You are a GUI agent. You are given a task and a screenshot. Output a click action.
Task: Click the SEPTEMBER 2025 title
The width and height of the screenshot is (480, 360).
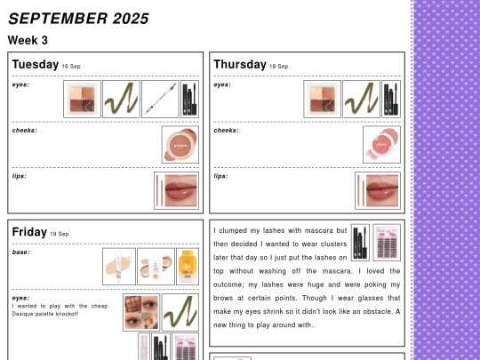click(x=78, y=19)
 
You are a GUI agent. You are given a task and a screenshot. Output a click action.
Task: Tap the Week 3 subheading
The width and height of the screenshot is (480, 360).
click(x=28, y=40)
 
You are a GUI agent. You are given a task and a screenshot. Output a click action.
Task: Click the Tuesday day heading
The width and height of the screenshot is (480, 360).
click(x=36, y=65)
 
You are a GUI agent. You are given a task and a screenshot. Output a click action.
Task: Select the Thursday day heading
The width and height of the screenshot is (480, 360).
click(x=240, y=65)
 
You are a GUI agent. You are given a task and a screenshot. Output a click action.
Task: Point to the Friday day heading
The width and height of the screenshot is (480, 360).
click(x=29, y=232)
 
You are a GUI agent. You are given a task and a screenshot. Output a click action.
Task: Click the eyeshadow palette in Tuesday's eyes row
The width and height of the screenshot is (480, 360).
click(x=82, y=100)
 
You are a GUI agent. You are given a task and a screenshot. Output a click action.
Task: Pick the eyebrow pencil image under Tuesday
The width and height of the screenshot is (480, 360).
click(x=160, y=100)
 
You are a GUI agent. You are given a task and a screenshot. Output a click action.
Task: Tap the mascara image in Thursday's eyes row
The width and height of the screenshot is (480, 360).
click(x=391, y=100)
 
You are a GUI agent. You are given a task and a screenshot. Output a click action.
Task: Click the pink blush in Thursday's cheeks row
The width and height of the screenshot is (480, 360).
click(x=381, y=145)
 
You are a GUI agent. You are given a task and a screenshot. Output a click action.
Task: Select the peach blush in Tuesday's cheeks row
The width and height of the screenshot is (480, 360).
click(x=180, y=145)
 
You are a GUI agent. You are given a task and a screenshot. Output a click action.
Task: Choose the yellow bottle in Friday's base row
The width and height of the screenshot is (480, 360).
click(x=188, y=267)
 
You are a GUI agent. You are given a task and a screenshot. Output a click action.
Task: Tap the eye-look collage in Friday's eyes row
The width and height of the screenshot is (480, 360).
click(x=141, y=312)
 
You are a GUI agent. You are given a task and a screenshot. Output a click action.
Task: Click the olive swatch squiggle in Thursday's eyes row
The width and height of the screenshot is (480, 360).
click(x=361, y=100)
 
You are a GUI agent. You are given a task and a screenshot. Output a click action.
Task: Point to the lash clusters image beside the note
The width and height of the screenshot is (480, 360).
click(x=387, y=243)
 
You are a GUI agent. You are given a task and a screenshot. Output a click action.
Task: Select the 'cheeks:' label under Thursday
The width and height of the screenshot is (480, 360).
click(x=227, y=131)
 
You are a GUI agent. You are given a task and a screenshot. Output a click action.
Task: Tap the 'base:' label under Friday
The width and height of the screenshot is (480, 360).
click(x=20, y=252)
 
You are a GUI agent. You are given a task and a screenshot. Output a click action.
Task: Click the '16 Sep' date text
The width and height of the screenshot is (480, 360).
click(x=71, y=67)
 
